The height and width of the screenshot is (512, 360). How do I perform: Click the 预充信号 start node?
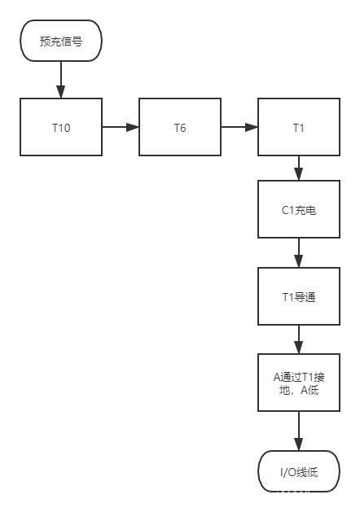pyautogui.click(x=61, y=41)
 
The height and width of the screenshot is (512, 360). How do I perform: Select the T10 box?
pyautogui.click(x=61, y=127)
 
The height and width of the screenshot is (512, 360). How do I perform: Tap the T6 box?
pyautogui.click(x=180, y=127)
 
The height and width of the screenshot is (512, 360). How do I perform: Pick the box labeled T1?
pyautogui.click(x=299, y=127)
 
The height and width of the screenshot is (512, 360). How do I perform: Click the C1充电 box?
pyautogui.click(x=299, y=209)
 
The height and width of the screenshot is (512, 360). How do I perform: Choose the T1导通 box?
pyautogui.click(x=299, y=296)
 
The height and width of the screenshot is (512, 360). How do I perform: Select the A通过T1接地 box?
pyautogui.click(x=299, y=383)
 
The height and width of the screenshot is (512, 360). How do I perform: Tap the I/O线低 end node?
pyautogui.click(x=299, y=470)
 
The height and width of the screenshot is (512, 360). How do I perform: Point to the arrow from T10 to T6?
pyautogui.click(x=121, y=127)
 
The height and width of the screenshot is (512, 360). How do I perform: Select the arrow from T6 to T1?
pyautogui.click(x=239, y=127)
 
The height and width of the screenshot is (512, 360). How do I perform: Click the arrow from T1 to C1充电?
pyautogui.click(x=299, y=168)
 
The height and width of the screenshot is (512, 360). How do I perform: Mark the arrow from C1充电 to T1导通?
pyautogui.click(x=299, y=253)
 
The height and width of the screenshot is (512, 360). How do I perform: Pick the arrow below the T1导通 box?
pyautogui.click(x=299, y=339)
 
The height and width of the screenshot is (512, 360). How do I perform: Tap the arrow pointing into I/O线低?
pyautogui.click(x=299, y=431)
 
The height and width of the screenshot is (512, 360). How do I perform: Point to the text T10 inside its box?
pyautogui.click(x=61, y=128)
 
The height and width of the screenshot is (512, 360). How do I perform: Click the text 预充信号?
pyautogui.click(x=61, y=42)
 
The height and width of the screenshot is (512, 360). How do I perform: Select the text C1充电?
pyautogui.click(x=299, y=210)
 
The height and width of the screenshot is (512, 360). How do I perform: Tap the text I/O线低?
pyautogui.click(x=299, y=471)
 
